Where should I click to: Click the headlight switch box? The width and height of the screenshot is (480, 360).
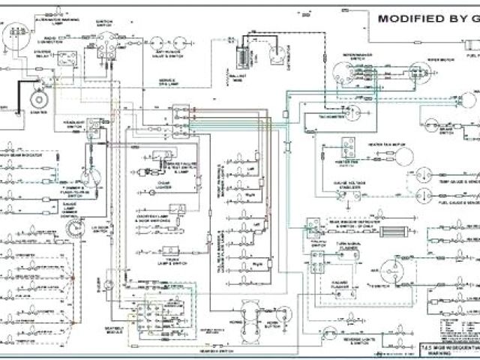coord(94,128)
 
